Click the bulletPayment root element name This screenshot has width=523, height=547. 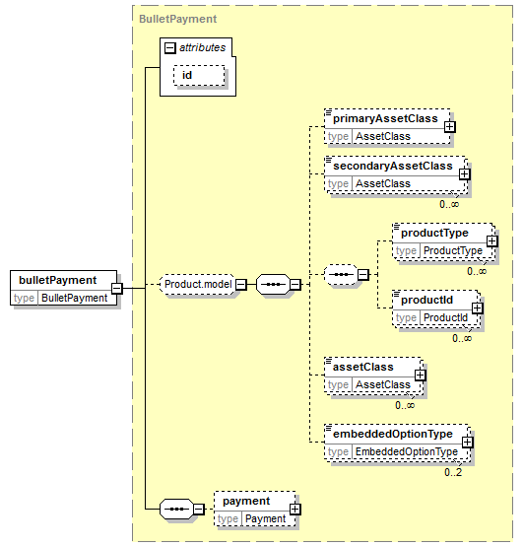click(x=57, y=280)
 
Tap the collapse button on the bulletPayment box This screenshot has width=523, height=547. click(x=117, y=288)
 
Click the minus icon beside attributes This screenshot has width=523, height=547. click(x=169, y=47)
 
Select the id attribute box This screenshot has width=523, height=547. click(x=199, y=75)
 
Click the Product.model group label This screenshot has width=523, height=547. click(x=198, y=284)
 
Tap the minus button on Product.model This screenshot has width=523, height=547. click(x=241, y=284)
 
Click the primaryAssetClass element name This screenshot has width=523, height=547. click(x=385, y=118)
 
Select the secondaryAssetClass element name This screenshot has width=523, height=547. click(x=393, y=166)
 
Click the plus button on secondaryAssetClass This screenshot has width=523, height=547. click(x=465, y=174)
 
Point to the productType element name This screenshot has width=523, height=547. click(x=434, y=233)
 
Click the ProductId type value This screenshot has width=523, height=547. click(x=445, y=317)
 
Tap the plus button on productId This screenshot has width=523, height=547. click(x=478, y=308)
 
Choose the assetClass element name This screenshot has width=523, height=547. click(x=363, y=367)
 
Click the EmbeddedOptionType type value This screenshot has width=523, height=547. click(x=407, y=451)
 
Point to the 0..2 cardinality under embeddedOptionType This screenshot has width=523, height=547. click(x=453, y=472)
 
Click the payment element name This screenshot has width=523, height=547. click(x=246, y=501)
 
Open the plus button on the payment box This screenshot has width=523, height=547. click(x=294, y=509)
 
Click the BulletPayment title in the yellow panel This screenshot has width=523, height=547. click(x=178, y=19)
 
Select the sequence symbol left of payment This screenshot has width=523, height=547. click(x=176, y=509)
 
